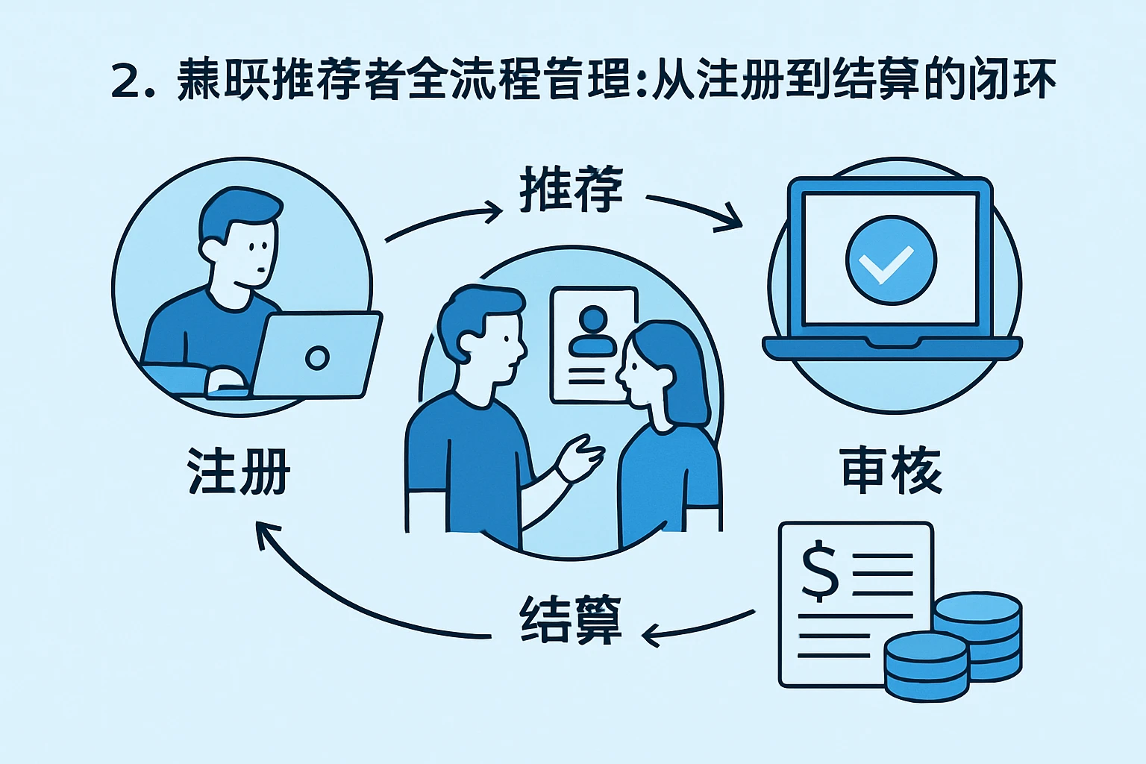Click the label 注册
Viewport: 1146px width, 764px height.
238,472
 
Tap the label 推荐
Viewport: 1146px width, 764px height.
571,190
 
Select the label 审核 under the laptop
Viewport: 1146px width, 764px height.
892,471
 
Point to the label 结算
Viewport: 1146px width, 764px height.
571,619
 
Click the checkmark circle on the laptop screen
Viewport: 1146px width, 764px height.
891,260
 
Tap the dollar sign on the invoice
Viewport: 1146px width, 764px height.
819,571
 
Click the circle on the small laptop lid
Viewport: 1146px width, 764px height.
317,357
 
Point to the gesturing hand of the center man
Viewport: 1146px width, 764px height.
579,457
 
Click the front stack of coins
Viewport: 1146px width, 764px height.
925,665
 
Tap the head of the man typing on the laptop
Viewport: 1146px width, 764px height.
239,239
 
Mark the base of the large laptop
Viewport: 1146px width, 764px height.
892,348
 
